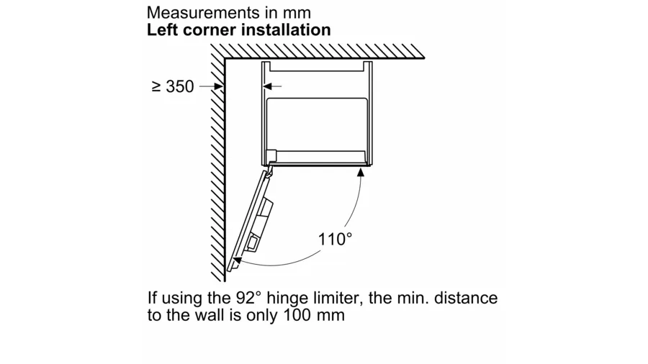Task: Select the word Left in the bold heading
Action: pyautogui.click(x=161, y=29)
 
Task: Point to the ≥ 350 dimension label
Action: pyautogui.click(x=173, y=86)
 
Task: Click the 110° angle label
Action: pyautogui.click(x=336, y=239)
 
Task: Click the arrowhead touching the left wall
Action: pyautogui.click(x=220, y=86)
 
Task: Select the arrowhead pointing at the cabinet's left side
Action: pyautogui.click(x=266, y=86)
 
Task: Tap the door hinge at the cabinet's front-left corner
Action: pyautogui.click(x=269, y=170)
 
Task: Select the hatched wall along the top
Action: pyautogui.click(x=324, y=50)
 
